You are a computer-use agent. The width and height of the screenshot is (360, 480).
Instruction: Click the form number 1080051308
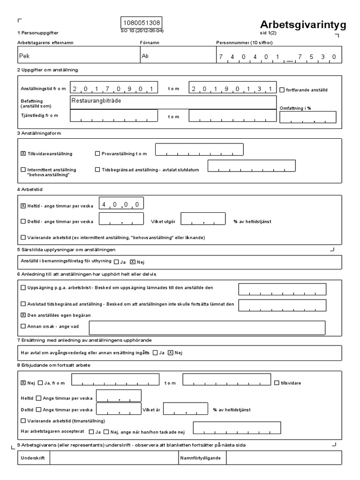(x=142, y=23)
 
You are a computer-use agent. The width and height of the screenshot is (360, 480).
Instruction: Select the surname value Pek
(x=24, y=55)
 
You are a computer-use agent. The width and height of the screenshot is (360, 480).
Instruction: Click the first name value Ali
(x=145, y=55)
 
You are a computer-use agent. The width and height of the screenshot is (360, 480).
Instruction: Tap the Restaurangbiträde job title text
(x=94, y=100)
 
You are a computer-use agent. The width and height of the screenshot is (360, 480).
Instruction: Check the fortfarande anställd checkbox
(x=282, y=90)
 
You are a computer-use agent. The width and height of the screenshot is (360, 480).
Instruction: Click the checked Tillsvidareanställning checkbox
(x=23, y=153)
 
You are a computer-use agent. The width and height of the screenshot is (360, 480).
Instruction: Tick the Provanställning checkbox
(x=97, y=153)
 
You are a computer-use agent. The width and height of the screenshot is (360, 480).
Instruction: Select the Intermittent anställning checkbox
(x=23, y=170)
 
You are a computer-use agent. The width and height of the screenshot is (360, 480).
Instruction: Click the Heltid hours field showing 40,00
(x=121, y=203)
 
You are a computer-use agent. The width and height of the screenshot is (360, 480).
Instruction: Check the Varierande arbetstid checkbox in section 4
(x=23, y=237)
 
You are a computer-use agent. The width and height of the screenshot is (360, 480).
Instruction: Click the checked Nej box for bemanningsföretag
(x=132, y=262)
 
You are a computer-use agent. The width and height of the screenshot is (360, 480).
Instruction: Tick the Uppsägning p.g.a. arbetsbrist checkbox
(x=23, y=287)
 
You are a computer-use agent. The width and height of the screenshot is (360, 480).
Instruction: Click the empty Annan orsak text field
(x=207, y=327)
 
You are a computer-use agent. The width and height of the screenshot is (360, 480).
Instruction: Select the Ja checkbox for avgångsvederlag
(x=155, y=352)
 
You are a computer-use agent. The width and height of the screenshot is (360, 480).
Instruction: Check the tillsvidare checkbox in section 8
(x=277, y=382)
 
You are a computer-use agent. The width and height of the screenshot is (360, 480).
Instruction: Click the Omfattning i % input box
(x=307, y=117)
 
